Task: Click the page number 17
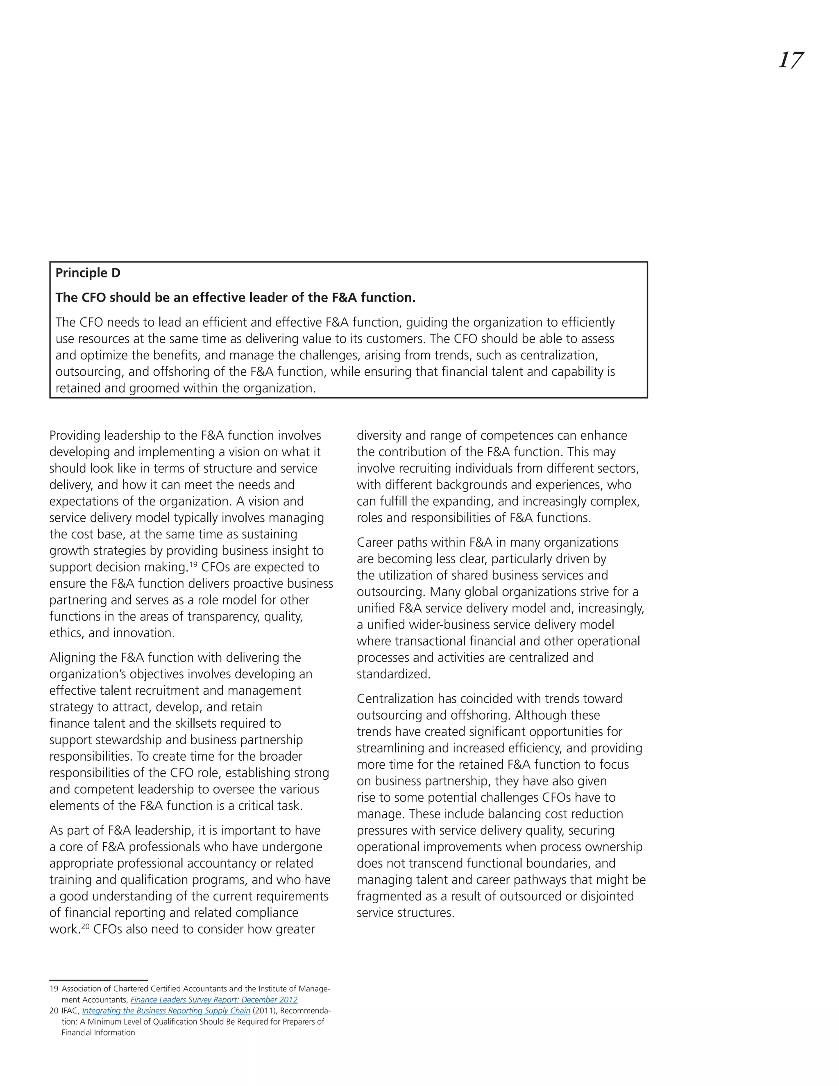[x=790, y=61]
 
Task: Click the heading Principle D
[x=88, y=273]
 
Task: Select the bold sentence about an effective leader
[x=235, y=298]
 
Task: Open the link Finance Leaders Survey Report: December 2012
[x=214, y=1000]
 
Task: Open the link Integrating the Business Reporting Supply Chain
[x=166, y=1011]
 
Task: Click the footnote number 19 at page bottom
[x=53, y=989]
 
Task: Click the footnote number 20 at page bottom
[x=53, y=1011]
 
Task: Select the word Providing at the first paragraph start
[x=75, y=436]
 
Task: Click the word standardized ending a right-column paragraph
[x=392, y=674]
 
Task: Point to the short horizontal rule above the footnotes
[x=98, y=981]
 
